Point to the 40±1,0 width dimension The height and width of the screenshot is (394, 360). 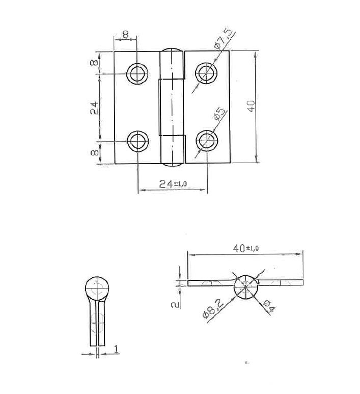pos(245,248)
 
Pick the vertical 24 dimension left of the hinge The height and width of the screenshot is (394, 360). pos(94,108)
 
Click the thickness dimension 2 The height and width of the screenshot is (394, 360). pos(174,304)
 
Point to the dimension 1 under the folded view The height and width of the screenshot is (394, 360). pos(116,349)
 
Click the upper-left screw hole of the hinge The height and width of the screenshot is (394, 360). pos(137,74)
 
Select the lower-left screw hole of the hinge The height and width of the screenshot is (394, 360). pos(137,141)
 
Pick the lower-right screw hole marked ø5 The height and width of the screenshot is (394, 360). pos(207,141)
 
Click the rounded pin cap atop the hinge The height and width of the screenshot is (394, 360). pos(173,51)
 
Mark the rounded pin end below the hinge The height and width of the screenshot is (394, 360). pos(173,164)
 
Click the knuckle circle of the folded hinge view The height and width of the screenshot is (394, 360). pos(97,288)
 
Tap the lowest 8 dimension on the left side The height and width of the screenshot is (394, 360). pos(94,152)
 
